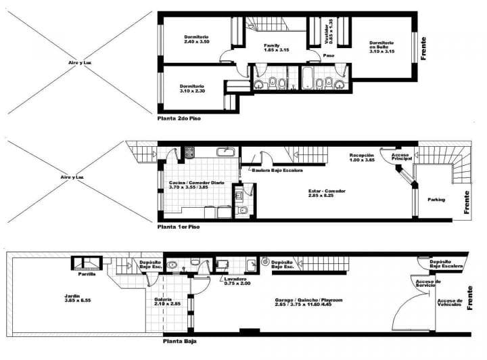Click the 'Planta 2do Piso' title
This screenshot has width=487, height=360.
(x=179, y=117)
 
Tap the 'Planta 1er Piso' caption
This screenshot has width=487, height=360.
(x=179, y=227)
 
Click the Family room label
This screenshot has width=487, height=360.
(x=276, y=47)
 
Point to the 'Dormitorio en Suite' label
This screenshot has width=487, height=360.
(x=381, y=46)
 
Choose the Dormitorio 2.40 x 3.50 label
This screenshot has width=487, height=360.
(x=196, y=39)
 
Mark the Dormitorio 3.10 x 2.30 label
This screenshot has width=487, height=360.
(x=192, y=88)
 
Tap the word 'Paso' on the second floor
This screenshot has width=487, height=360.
(x=329, y=55)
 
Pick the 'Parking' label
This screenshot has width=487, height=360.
(x=437, y=200)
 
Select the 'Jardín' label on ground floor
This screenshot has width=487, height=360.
(x=72, y=298)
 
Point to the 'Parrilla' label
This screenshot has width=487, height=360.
(x=87, y=274)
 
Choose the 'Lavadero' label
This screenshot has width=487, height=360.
(x=236, y=280)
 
